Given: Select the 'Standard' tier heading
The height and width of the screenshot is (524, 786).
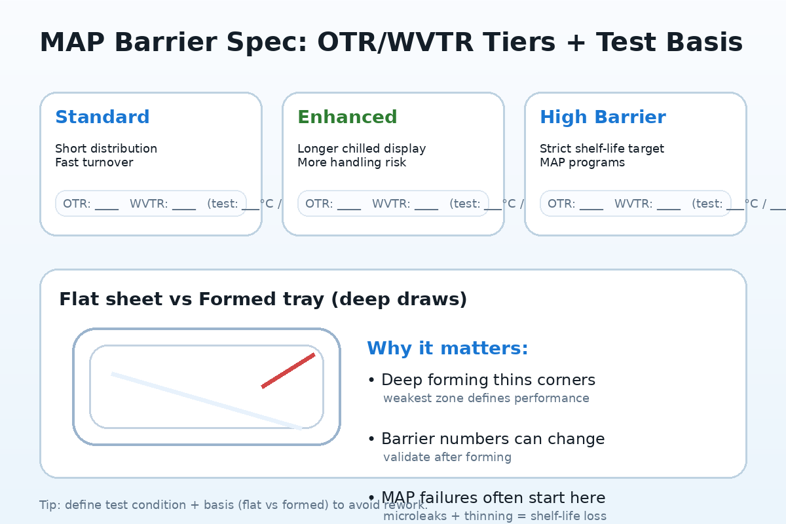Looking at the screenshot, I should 102,117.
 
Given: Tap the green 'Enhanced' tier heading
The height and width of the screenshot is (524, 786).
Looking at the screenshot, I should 347,117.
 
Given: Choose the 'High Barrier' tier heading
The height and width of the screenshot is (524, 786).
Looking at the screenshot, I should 603,117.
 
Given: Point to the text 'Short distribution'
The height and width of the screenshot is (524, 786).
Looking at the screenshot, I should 106,149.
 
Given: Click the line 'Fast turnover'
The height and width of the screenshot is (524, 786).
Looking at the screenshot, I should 94,162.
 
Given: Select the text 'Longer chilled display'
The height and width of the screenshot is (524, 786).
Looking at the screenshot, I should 362,149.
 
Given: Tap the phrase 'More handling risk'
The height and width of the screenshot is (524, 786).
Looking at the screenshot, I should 352,162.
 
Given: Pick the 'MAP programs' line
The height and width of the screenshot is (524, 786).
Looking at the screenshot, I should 582,162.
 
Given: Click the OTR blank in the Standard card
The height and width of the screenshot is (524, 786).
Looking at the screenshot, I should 106,204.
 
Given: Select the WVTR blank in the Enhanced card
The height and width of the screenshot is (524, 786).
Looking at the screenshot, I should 426,204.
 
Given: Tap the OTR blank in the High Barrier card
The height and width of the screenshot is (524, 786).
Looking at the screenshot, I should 591,204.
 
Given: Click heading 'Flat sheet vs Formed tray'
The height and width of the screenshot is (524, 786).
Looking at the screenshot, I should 263,299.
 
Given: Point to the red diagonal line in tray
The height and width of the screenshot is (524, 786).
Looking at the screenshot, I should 288,371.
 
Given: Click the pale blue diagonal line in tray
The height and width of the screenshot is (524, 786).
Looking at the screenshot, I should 206,401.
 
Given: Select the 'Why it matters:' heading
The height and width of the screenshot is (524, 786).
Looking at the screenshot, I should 447,348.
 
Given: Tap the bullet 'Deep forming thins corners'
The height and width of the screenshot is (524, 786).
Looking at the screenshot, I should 487,380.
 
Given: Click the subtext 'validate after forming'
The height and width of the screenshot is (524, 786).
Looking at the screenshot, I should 447,457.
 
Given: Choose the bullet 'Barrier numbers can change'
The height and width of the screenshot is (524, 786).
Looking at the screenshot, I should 492,439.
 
